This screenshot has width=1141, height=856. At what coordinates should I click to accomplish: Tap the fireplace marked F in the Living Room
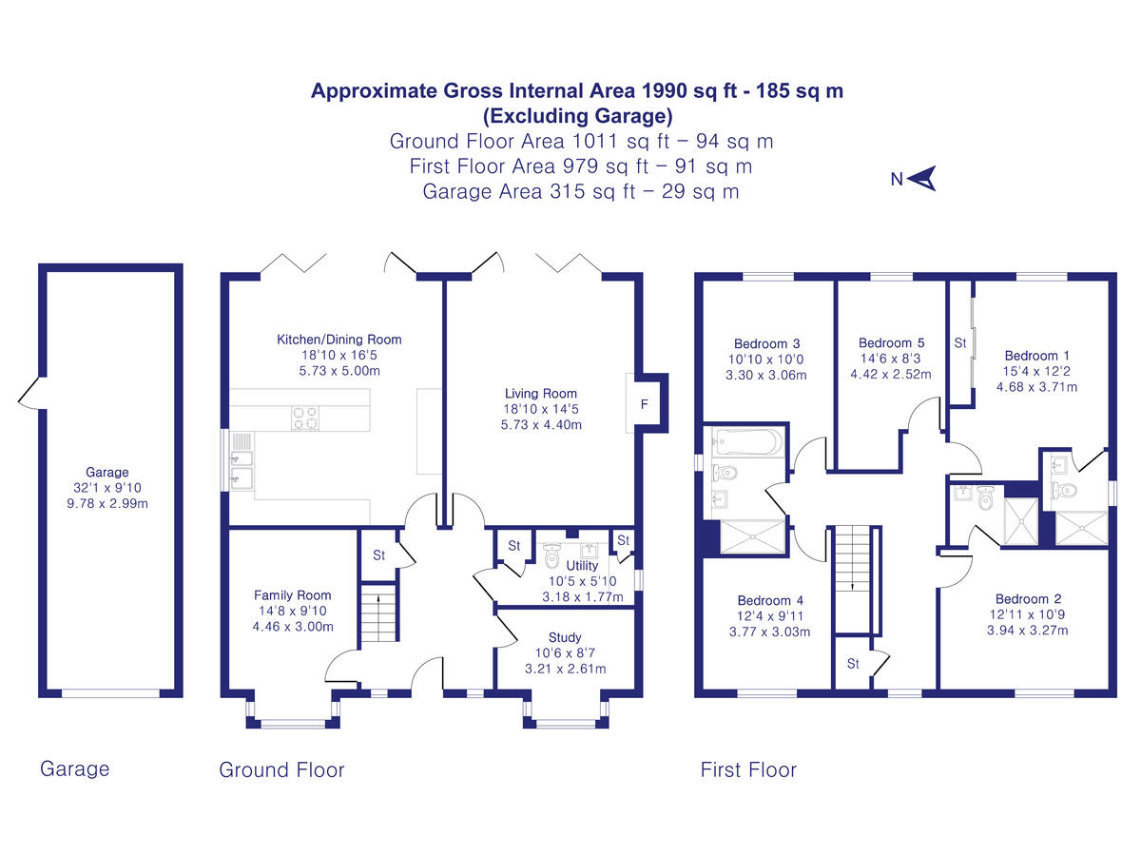[x=645, y=404]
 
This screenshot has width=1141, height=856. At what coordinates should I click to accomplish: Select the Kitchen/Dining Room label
[x=338, y=340]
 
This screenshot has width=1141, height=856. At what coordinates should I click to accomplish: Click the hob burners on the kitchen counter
[x=304, y=418]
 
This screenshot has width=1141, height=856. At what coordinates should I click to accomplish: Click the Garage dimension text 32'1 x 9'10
[x=106, y=488]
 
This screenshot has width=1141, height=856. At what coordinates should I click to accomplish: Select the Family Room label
[x=293, y=595]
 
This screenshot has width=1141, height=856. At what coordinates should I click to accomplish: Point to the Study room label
[x=565, y=637]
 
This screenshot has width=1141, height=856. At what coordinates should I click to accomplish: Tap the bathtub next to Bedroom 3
[x=746, y=441]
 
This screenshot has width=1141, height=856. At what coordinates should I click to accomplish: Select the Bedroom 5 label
[x=891, y=343]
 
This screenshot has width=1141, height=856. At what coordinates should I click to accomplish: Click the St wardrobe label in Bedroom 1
[x=960, y=342]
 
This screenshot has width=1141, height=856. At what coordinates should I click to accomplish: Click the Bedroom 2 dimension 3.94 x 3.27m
[x=1028, y=630]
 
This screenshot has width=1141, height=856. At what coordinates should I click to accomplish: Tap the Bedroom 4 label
[x=770, y=600]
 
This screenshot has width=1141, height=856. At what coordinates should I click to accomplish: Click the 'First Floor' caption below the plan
[x=748, y=769]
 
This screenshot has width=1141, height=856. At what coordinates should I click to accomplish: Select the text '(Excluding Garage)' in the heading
[x=577, y=116]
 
